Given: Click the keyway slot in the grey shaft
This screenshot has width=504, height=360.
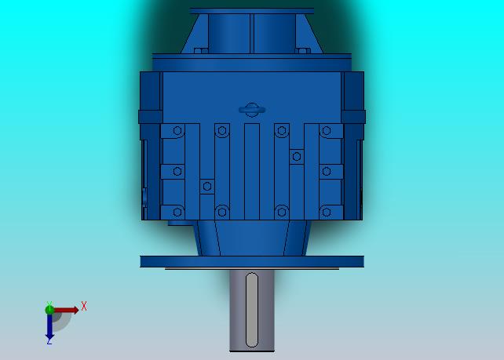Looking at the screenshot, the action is (251, 310).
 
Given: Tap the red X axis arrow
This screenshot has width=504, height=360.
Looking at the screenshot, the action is (66, 311).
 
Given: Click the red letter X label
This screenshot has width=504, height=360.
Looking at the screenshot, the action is (84, 306).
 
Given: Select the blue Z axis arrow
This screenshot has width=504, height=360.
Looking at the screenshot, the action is (49, 326).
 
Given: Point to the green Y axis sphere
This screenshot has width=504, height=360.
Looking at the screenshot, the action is (49, 310).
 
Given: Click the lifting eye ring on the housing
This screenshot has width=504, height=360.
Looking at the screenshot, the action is (252, 110).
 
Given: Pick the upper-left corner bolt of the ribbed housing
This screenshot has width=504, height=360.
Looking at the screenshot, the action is (177, 131).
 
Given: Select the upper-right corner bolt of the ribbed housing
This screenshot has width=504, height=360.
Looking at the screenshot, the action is (327, 131).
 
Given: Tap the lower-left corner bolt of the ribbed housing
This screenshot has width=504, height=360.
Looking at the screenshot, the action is (177, 212).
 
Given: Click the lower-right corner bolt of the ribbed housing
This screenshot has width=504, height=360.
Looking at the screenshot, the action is (327, 212).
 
